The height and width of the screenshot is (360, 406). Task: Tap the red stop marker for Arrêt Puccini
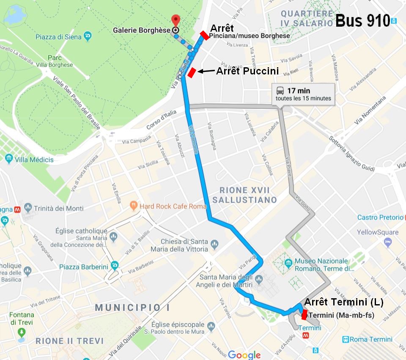click(x=192, y=73)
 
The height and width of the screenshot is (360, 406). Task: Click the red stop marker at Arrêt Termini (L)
click(x=304, y=315)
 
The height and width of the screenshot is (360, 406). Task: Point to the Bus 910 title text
click(x=362, y=21)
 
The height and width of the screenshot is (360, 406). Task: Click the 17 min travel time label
click(x=299, y=91)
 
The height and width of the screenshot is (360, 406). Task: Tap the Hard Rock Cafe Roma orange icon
click(x=134, y=206)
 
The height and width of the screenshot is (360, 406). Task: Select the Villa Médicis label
click(x=34, y=159)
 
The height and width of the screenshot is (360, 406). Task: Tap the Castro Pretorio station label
click(x=380, y=217)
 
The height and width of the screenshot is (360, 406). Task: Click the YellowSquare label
click(x=377, y=232)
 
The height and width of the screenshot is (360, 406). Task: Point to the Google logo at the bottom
click(x=244, y=355)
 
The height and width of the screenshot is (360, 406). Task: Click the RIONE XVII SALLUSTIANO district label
click(x=244, y=195)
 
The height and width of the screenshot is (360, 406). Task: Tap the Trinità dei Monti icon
click(x=28, y=208)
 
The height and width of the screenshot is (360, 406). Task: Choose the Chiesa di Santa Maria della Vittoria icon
click(x=214, y=244)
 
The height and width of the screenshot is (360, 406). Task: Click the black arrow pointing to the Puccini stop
click(x=206, y=71)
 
